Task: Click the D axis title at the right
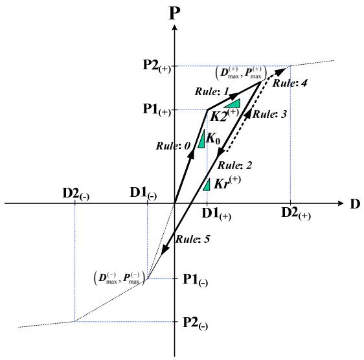point(355,204)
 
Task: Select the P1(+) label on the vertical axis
point(157,109)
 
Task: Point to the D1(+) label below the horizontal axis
point(216,214)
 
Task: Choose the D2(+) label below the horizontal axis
point(296,213)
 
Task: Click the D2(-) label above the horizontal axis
point(76,194)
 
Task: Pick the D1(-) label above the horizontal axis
point(144,194)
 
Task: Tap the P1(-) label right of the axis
point(196,280)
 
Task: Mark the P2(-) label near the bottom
point(196,323)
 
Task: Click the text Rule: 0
point(173,146)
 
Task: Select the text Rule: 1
point(212,91)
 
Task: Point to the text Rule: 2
point(234,165)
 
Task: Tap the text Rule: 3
point(269,114)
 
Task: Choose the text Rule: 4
point(290,83)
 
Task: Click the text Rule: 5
point(192,239)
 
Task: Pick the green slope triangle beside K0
point(202,139)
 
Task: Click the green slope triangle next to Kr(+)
point(207,185)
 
